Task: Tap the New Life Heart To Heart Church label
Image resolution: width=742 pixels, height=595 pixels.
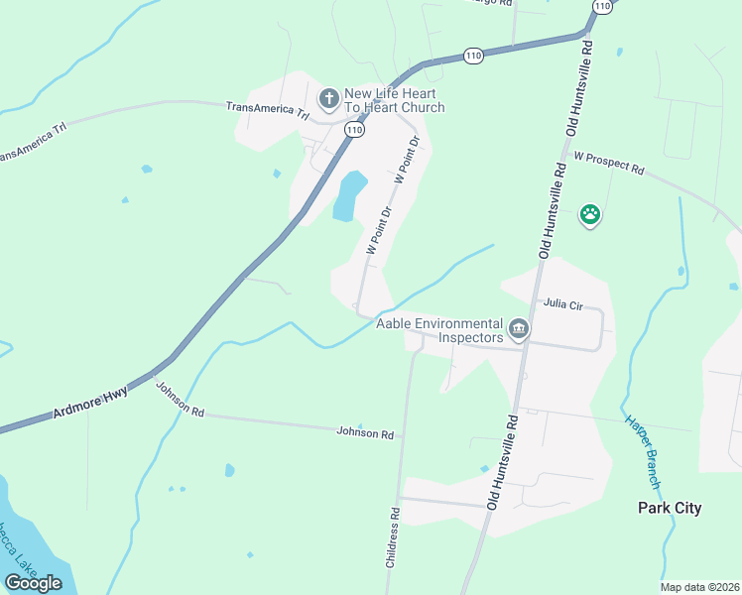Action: tap(394, 100)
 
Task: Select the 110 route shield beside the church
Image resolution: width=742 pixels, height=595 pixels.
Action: tap(354, 129)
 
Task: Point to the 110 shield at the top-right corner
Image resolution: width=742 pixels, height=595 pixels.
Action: tap(601, 6)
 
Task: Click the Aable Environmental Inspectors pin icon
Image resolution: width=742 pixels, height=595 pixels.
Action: tap(517, 328)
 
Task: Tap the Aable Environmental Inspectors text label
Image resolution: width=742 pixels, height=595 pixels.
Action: tap(439, 330)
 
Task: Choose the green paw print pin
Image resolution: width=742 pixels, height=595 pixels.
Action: tap(590, 214)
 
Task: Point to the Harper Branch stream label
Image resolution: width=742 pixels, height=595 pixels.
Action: tap(641, 451)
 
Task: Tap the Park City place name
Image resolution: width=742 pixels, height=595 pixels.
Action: tap(669, 508)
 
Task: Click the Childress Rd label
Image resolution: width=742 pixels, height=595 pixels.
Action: tap(393, 537)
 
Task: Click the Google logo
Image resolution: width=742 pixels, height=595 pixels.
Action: tap(33, 583)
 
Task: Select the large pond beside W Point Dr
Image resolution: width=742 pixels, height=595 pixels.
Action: tap(349, 195)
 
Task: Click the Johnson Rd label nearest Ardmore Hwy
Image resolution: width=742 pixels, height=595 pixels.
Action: tap(180, 399)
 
